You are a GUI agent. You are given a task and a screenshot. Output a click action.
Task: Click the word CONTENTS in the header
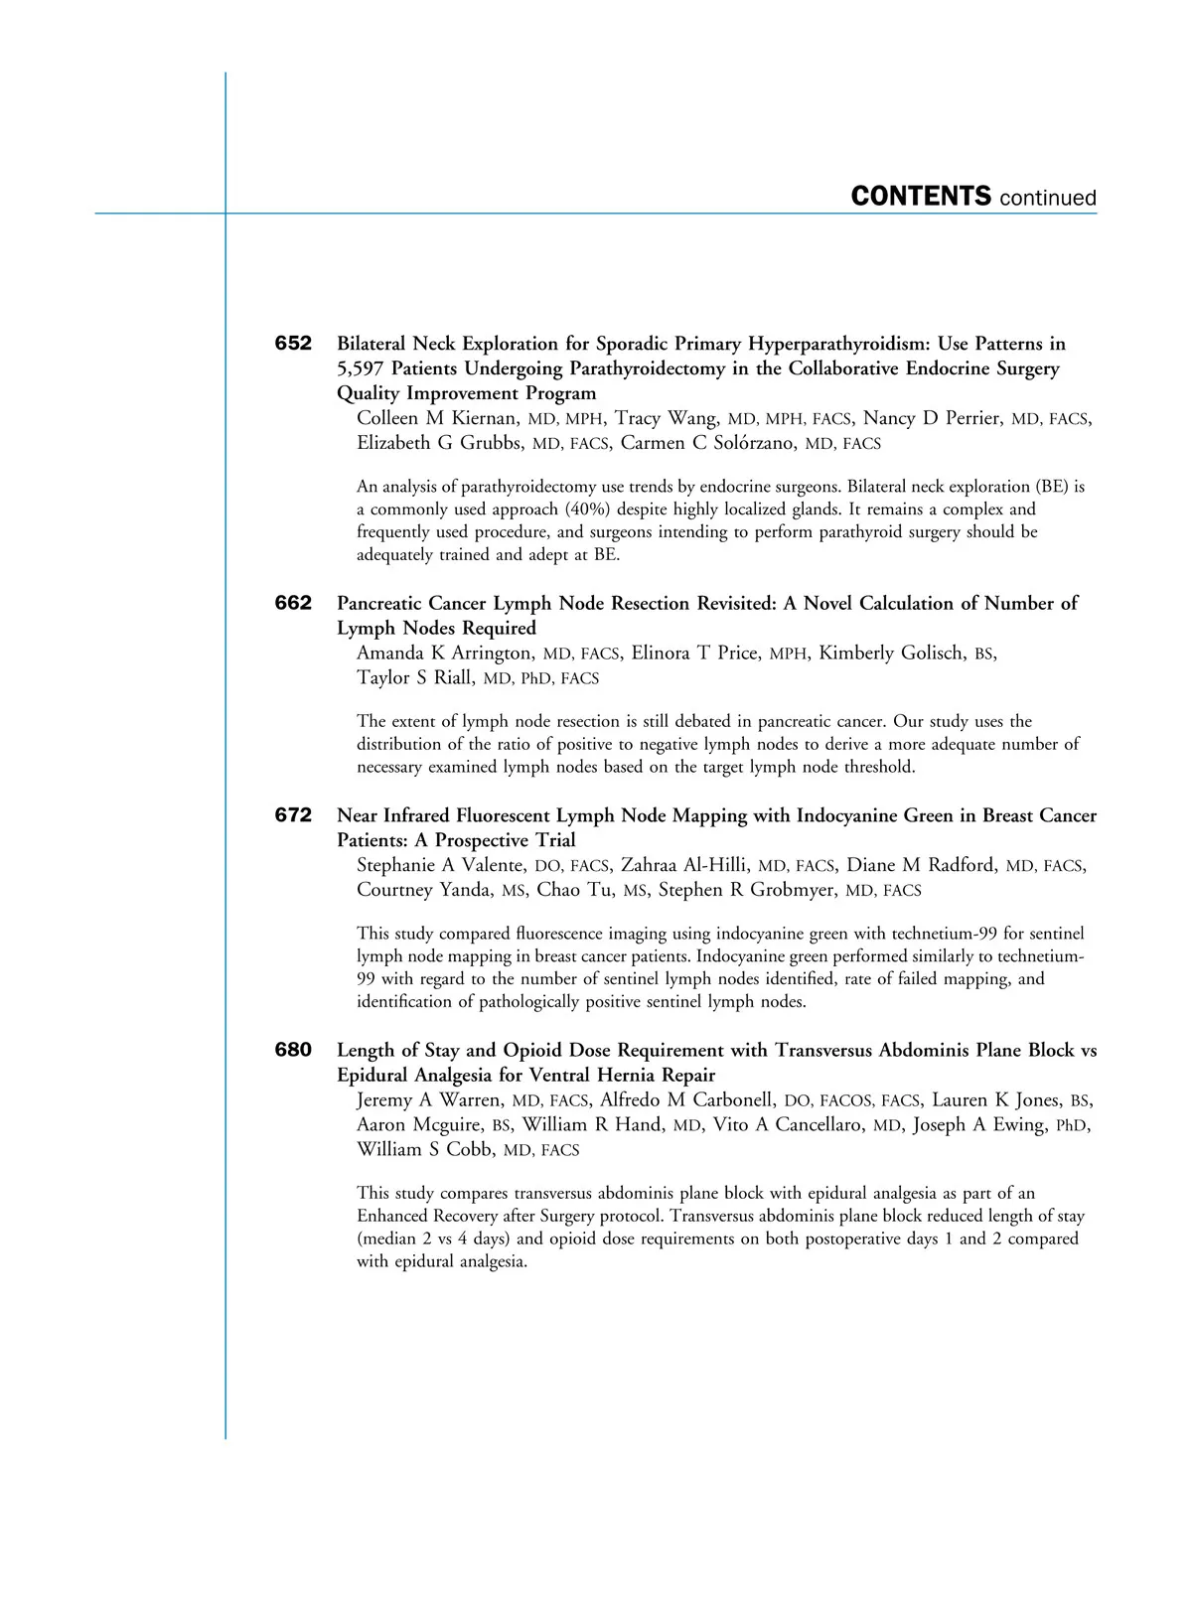click(x=921, y=196)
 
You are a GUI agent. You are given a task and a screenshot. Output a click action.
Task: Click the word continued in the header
click(x=1048, y=198)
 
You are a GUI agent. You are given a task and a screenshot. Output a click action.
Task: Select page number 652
click(x=293, y=344)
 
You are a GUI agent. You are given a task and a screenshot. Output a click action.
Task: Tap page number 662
click(x=293, y=603)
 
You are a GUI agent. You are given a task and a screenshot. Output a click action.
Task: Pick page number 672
click(x=293, y=815)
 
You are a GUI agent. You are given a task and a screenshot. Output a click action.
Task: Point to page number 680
click(x=293, y=1050)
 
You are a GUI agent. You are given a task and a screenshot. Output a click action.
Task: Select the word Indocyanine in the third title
click(x=847, y=815)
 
